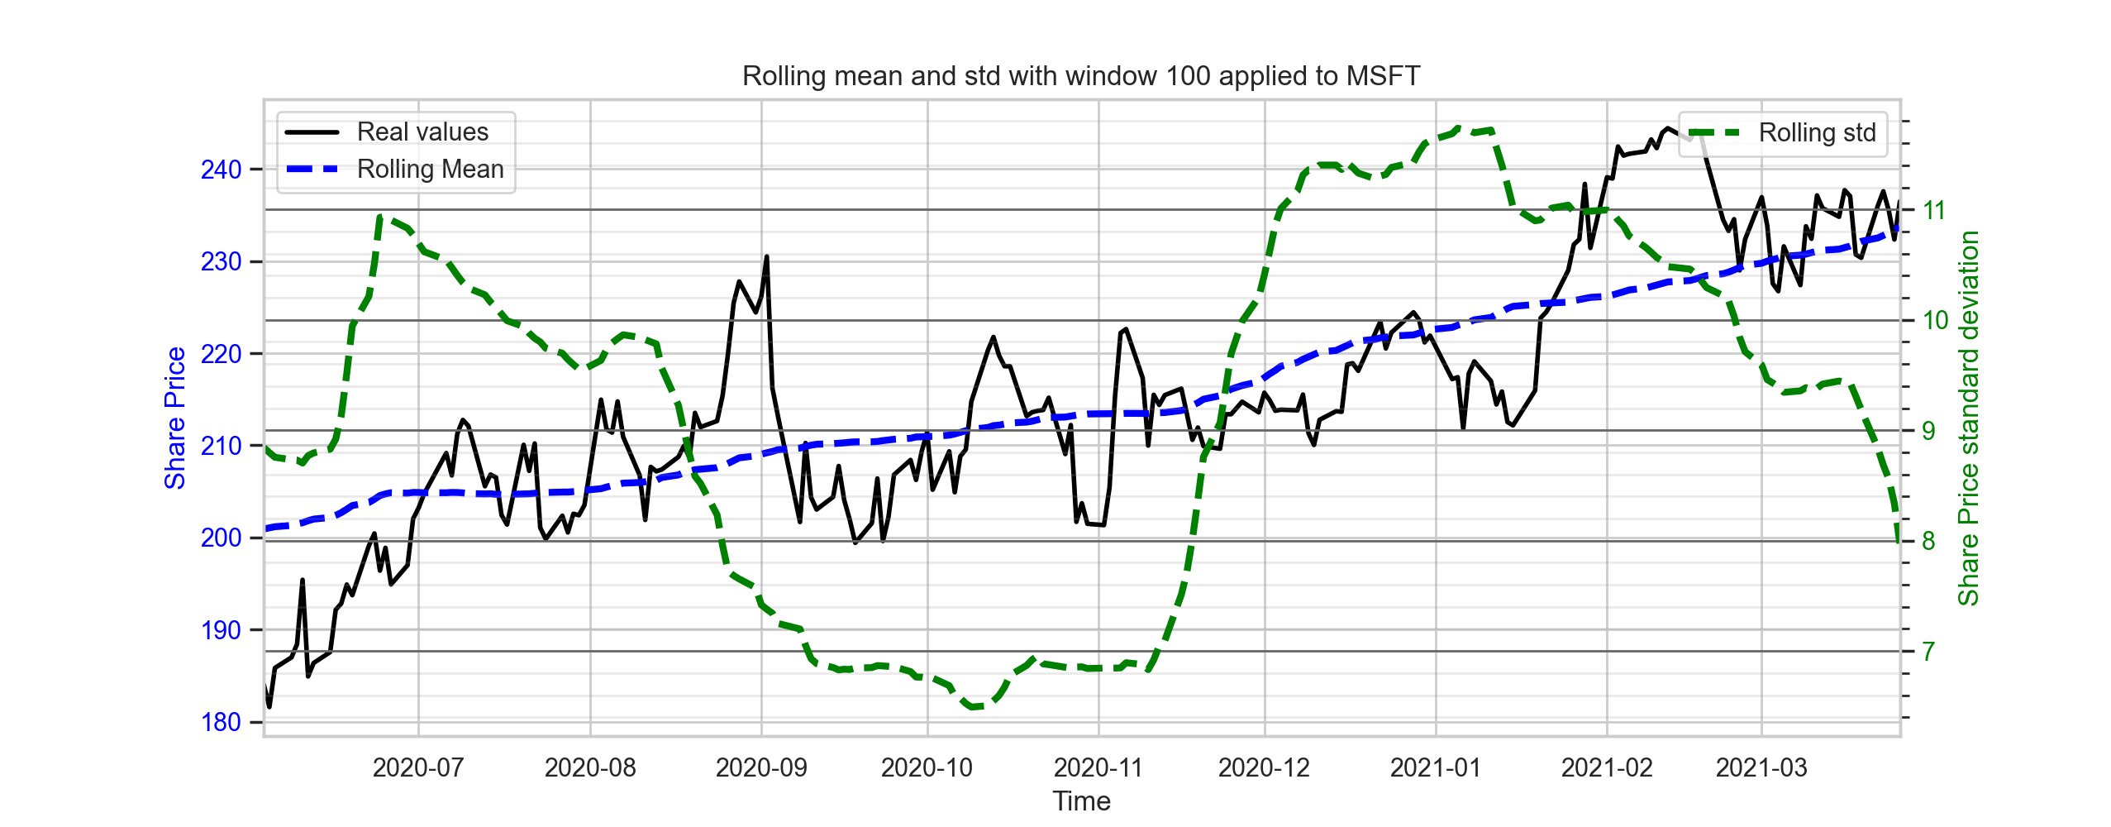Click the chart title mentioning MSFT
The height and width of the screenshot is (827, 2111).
tap(1081, 76)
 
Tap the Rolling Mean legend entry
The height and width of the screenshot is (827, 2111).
tap(394, 169)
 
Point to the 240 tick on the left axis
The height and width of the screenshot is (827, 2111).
tap(221, 170)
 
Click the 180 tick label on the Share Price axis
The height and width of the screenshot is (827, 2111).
tap(221, 722)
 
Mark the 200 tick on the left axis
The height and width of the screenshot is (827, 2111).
tap(221, 538)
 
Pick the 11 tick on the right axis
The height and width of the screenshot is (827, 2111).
tap(1934, 210)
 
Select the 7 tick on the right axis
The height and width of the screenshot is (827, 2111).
tap(1928, 652)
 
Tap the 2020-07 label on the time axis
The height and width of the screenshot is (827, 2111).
tap(418, 767)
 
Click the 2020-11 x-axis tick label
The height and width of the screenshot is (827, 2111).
tap(1098, 767)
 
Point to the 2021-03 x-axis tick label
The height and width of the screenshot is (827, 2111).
tap(1761, 767)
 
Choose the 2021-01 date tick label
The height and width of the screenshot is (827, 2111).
tap(1436, 767)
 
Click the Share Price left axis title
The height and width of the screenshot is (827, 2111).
tap(174, 418)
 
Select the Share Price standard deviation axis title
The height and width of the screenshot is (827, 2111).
tap(1968, 418)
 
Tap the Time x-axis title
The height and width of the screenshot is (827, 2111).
tap(1081, 801)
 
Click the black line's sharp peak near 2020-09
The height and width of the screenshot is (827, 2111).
tap(766, 256)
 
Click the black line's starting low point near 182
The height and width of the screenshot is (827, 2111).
tap(269, 706)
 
